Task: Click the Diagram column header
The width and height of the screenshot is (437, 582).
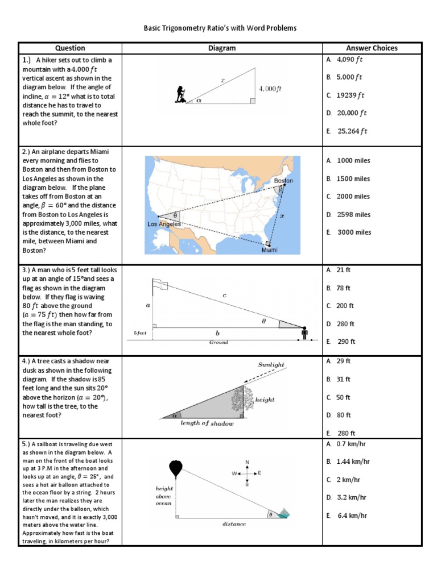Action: [x=222, y=48]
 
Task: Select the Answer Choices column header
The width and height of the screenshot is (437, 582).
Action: [x=372, y=48]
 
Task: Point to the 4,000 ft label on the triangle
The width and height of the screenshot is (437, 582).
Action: [x=270, y=89]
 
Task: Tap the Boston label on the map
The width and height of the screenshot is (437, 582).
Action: [x=283, y=181]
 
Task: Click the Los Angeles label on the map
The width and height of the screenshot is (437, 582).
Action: [x=164, y=224]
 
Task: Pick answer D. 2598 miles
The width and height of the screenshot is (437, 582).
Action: [x=349, y=214]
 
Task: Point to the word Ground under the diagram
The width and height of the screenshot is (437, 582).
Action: [x=218, y=342]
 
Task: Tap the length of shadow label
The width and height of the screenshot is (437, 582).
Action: [x=207, y=423]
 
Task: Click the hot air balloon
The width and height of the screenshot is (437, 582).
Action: [x=176, y=469]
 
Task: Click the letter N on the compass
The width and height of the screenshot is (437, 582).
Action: [x=247, y=462]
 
